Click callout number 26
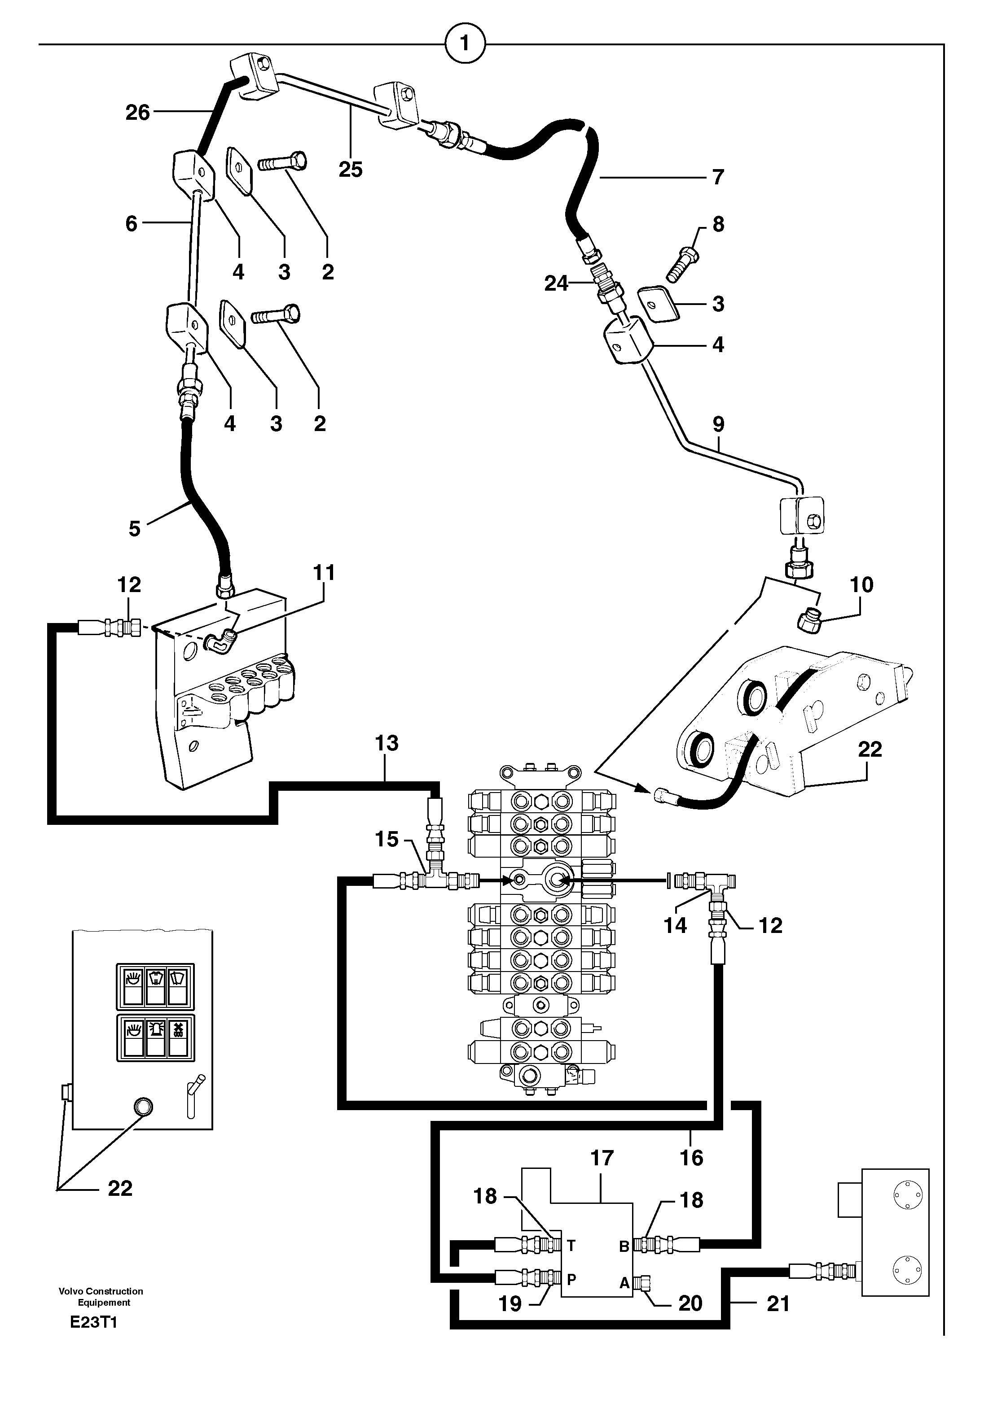pos(137,113)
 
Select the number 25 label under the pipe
pos(351,170)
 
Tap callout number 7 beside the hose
pos(718,177)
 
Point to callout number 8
pos(718,224)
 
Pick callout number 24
pos(556,283)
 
